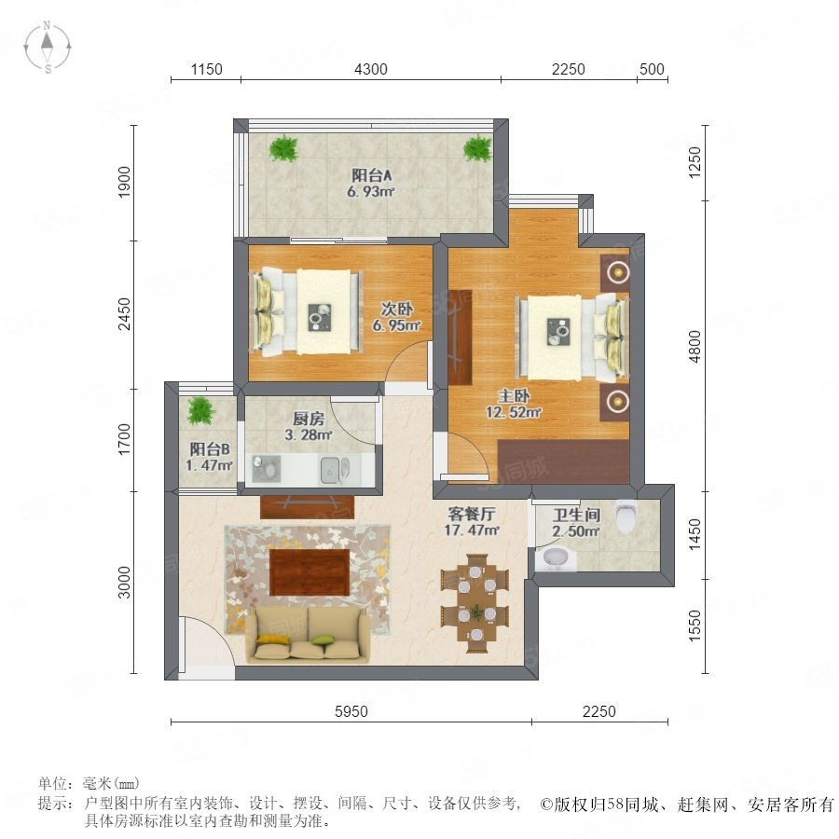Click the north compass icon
[48, 47]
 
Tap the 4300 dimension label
[371, 69]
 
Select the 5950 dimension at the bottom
[351, 711]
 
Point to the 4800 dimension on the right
[695, 346]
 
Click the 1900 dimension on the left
[124, 182]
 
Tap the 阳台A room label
[372, 175]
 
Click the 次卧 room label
[396, 309]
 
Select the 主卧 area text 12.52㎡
[514, 412]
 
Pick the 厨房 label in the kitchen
[309, 419]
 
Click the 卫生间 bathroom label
[576, 515]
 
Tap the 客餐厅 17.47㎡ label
[472, 522]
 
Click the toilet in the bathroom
[625, 516]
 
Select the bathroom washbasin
[556, 558]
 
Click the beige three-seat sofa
[307, 635]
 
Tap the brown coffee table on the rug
[309, 572]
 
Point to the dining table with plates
[475, 603]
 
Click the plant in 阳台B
[200, 411]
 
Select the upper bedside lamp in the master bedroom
[618, 272]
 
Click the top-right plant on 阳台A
[477, 148]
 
